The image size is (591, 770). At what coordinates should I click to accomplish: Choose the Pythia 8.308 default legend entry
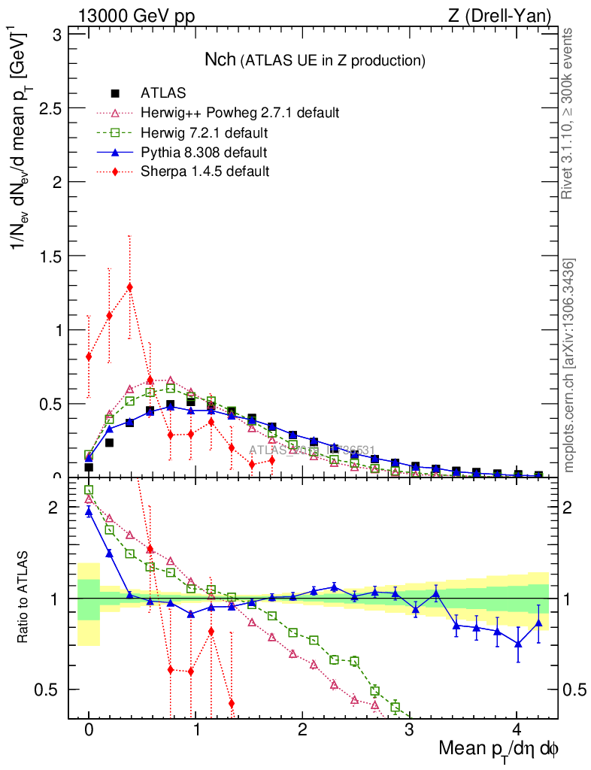203,153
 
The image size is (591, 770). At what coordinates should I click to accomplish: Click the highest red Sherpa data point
130,286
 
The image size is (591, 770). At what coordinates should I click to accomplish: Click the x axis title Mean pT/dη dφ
499,749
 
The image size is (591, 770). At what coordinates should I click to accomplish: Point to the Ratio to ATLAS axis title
24,598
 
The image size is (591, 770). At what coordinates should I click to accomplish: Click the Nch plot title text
315,59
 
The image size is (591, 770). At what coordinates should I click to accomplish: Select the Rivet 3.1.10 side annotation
569,113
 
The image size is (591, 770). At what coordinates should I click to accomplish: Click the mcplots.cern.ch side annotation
569,365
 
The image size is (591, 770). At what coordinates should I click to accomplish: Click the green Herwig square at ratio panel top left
89,490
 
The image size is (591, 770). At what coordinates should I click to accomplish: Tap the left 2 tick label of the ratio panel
53,508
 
